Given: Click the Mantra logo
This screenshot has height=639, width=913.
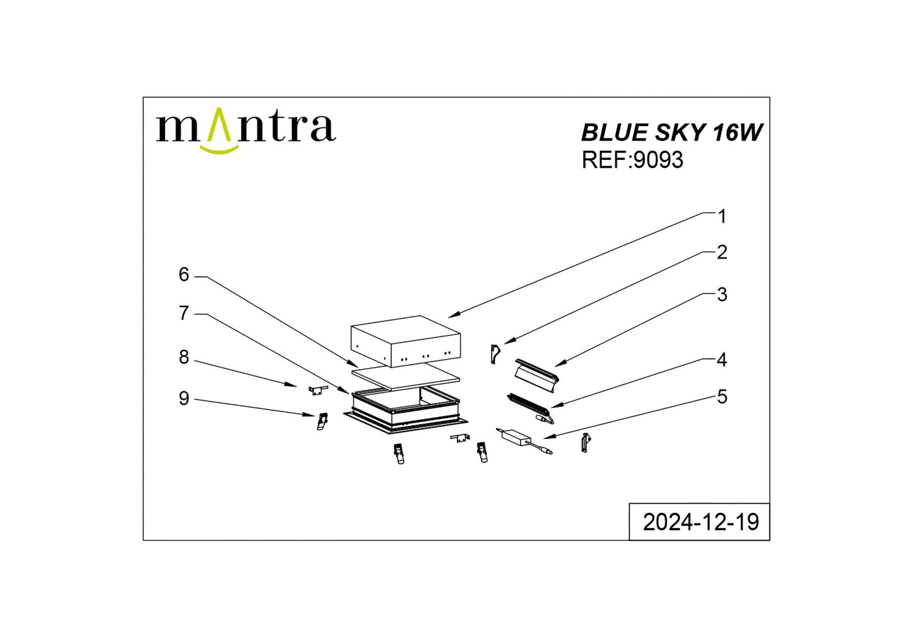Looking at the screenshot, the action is pyautogui.click(x=245, y=130).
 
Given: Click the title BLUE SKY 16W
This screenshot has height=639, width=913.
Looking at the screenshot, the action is pyautogui.click(x=671, y=133).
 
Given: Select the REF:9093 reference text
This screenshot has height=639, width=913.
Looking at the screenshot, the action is pyautogui.click(x=632, y=160).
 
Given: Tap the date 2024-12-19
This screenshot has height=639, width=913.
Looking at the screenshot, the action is pyautogui.click(x=701, y=522).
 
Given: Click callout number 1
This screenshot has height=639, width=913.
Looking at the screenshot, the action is pyautogui.click(x=722, y=217).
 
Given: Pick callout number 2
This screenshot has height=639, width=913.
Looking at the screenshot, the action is pyautogui.click(x=722, y=252).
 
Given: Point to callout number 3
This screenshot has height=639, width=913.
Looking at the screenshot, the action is pyautogui.click(x=722, y=294).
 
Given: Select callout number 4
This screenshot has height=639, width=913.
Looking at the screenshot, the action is pyautogui.click(x=722, y=360).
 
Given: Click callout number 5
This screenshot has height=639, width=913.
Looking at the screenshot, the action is pyautogui.click(x=722, y=397).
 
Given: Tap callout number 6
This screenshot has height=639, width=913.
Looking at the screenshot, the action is pyautogui.click(x=184, y=275).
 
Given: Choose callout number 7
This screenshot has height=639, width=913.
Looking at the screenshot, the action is pyautogui.click(x=184, y=313).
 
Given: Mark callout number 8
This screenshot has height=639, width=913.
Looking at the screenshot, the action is pyautogui.click(x=184, y=357).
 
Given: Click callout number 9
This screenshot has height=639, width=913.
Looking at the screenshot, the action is pyautogui.click(x=184, y=398).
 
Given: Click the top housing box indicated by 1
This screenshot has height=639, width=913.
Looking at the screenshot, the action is pyautogui.click(x=406, y=341).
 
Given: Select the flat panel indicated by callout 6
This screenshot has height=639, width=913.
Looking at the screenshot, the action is pyautogui.click(x=406, y=377).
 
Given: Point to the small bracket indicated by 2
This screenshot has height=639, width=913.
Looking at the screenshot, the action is pyautogui.click(x=496, y=354).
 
